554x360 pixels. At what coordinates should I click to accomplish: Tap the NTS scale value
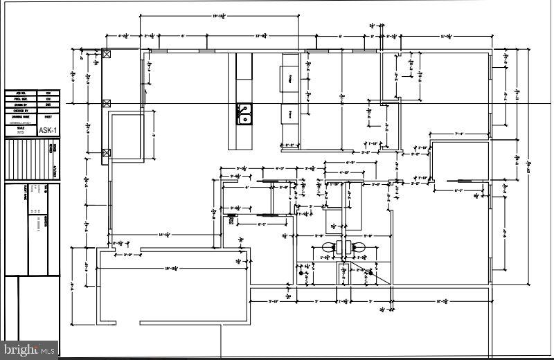(x=20, y=133)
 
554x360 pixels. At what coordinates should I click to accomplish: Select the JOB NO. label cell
(x=20, y=93)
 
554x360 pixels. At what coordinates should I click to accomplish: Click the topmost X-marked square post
(x=107, y=54)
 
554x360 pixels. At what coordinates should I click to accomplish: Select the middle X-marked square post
(x=107, y=103)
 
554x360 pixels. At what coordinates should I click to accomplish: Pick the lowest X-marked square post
(x=107, y=153)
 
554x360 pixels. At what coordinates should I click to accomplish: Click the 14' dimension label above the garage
(x=164, y=235)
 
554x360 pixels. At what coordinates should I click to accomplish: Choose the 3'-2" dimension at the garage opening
(x=127, y=255)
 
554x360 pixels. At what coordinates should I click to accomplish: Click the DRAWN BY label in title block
(x=20, y=105)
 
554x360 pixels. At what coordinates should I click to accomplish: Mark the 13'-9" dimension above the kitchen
(x=262, y=35)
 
